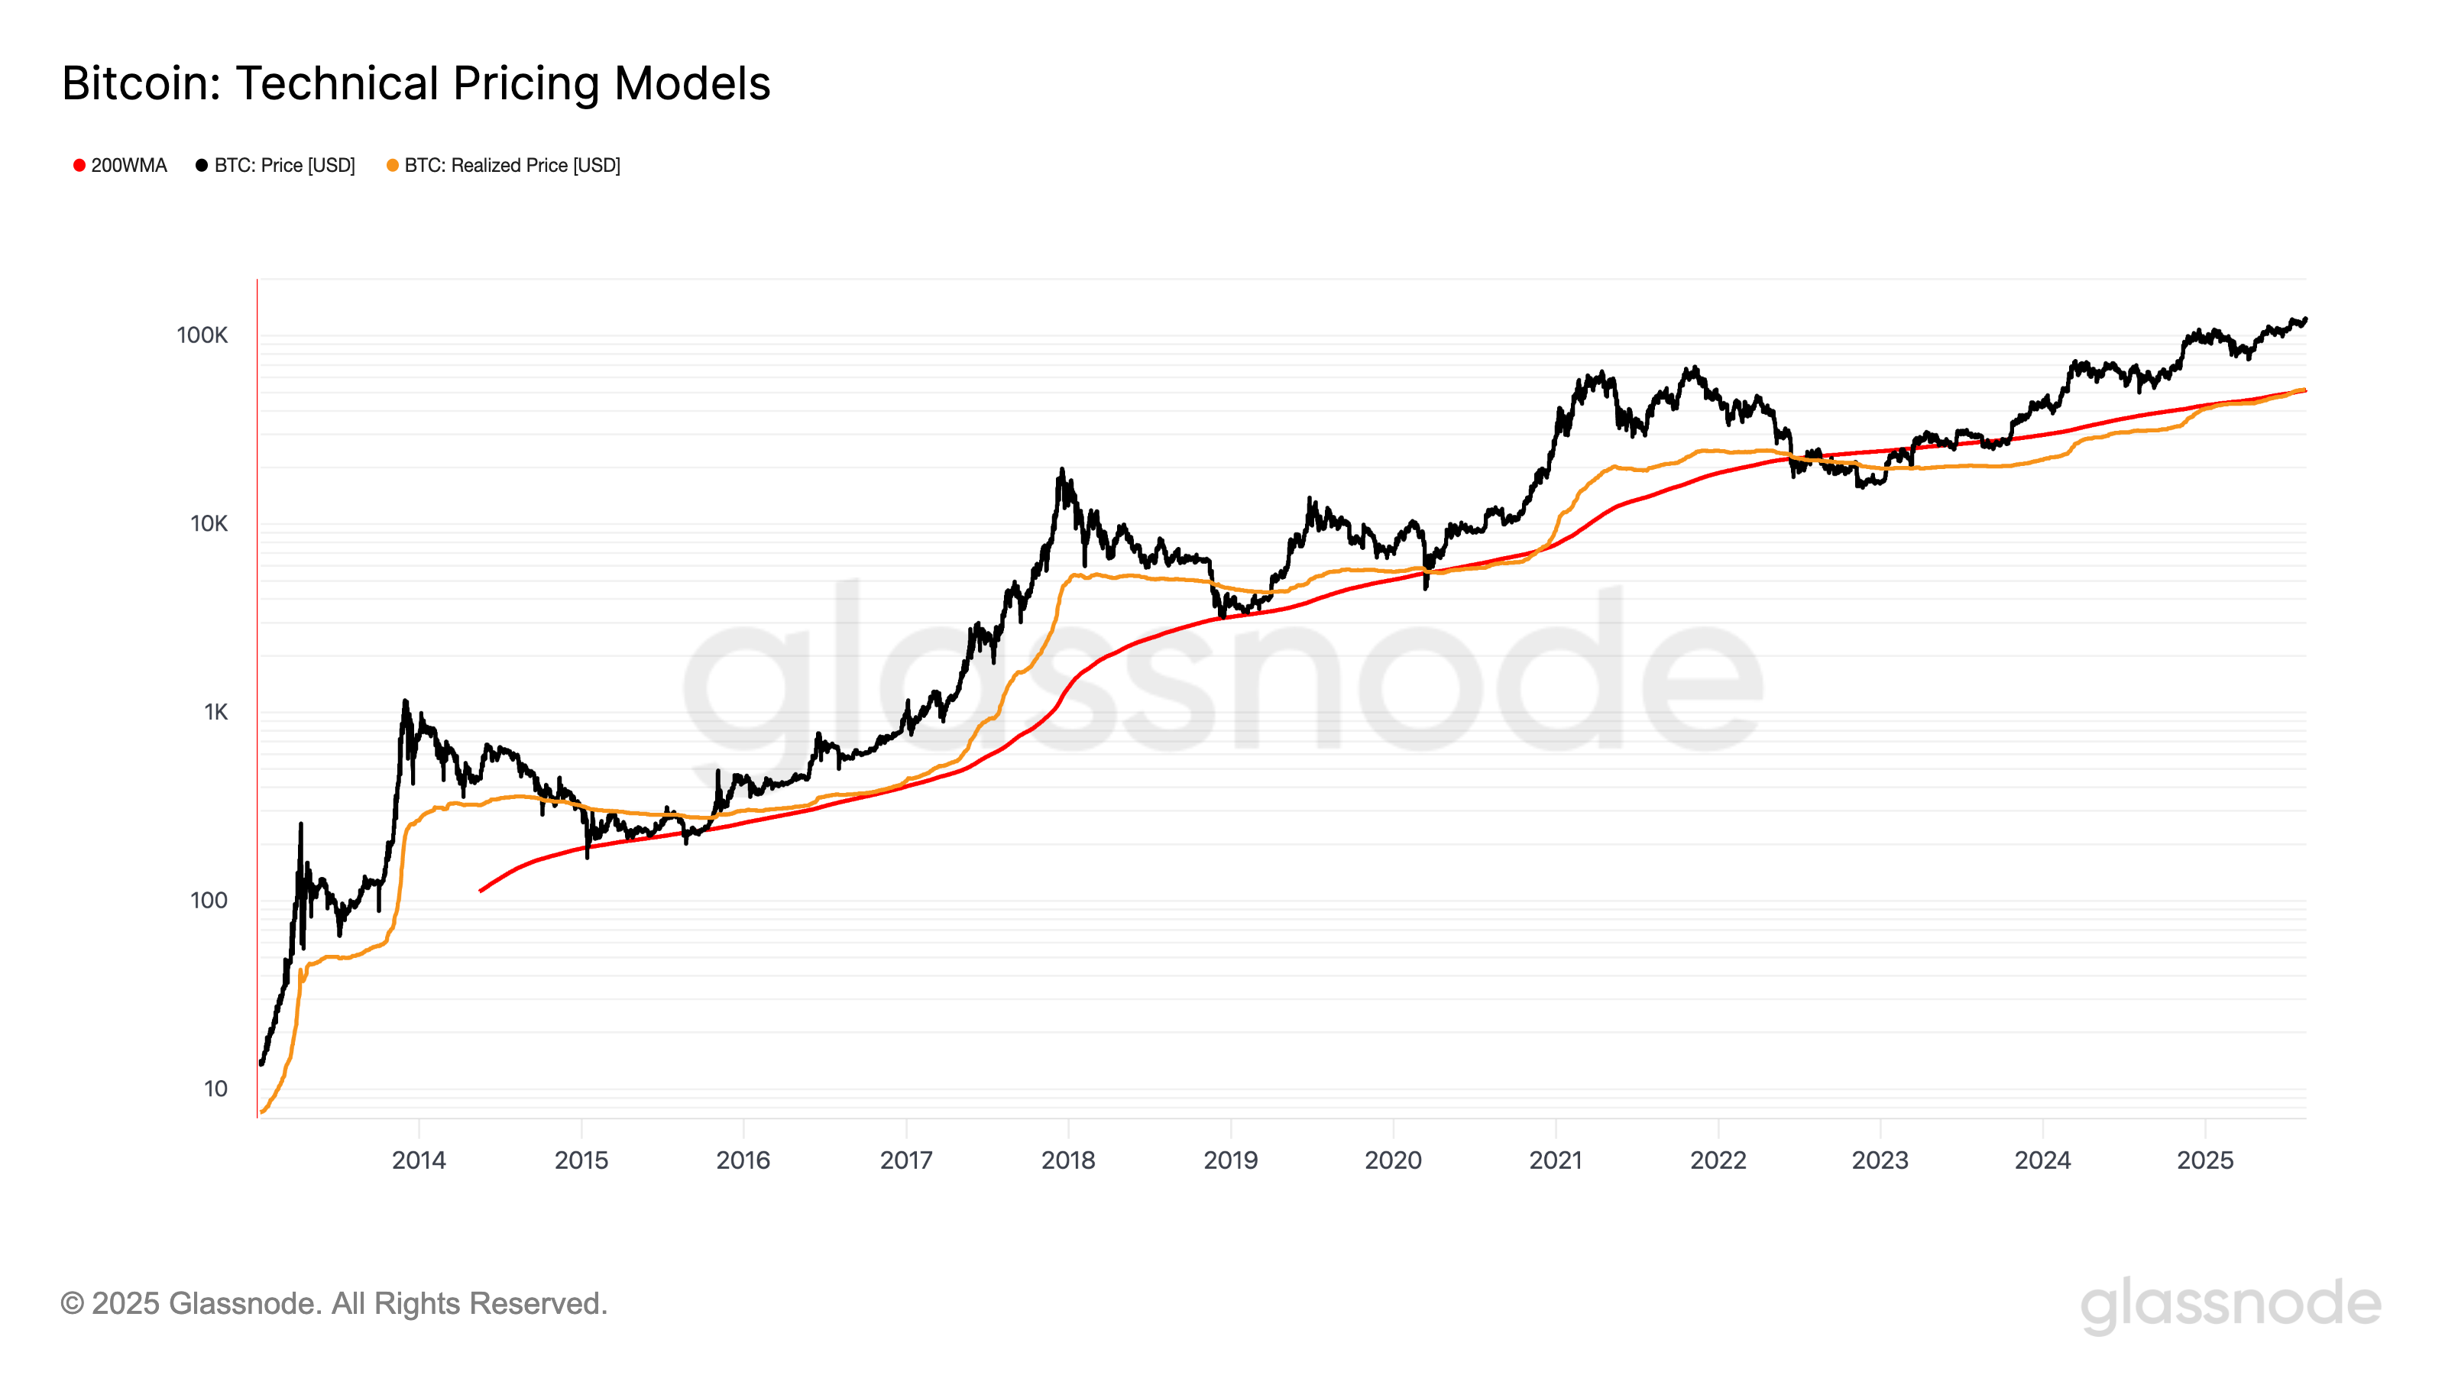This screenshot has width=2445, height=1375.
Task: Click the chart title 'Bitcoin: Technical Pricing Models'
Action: coord(416,83)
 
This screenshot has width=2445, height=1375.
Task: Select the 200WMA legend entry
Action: coord(120,165)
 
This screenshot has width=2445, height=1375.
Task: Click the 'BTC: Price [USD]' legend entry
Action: coord(275,165)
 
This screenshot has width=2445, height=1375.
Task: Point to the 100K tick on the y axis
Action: coord(202,335)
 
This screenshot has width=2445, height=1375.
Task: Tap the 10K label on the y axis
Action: coord(209,524)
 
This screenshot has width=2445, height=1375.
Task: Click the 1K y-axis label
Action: coord(215,712)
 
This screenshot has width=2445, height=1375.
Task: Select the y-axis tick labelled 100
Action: coord(209,901)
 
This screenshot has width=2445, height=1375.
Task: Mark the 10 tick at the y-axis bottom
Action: coord(215,1089)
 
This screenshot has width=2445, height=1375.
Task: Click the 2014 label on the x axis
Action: coord(419,1160)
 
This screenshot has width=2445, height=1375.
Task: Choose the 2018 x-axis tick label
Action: coord(1068,1160)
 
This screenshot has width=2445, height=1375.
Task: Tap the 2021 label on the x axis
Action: coord(1556,1160)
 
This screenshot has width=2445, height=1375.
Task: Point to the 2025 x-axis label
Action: coord(2205,1160)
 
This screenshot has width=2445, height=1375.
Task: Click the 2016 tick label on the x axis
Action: coord(743,1160)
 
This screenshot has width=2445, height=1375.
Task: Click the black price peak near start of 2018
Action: coord(1062,469)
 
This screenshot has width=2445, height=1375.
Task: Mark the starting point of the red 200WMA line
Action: coord(481,891)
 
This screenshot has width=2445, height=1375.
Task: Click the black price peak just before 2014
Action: coord(405,701)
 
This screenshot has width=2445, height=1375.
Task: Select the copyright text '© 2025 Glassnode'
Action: coord(333,1303)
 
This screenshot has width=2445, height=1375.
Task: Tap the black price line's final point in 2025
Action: coord(2305,320)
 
